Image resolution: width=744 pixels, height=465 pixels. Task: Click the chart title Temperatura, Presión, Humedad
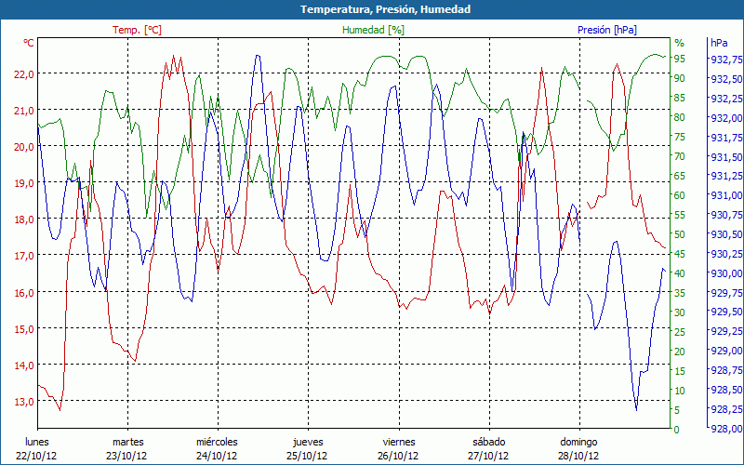tap(372, 9)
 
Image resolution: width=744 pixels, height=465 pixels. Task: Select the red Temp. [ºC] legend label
tap(137, 30)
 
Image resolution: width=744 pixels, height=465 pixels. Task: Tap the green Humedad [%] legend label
tap(374, 30)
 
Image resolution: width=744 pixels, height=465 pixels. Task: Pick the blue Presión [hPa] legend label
tap(607, 30)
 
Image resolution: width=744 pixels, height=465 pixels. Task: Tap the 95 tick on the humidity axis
tap(680, 59)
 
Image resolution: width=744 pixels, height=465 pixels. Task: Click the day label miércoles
tap(218, 442)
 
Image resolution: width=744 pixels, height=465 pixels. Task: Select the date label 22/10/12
tap(36, 456)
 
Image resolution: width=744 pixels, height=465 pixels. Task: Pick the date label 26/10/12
tap(399, 456)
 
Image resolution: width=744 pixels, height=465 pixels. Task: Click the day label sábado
tap(489, 442)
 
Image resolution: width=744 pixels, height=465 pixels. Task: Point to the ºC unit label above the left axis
tap(29, 43)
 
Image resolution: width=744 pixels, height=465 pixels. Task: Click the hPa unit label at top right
tap(719, 43)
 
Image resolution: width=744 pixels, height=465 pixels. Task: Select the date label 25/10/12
tap(308, 456)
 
